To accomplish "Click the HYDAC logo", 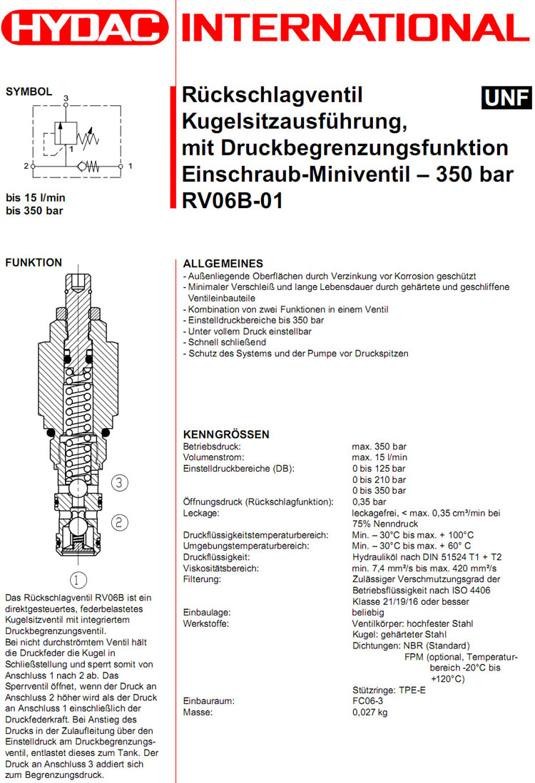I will (x=84, y=28).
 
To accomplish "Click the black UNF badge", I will (x=506, y=98).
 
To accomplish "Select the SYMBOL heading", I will (x=29, y=91).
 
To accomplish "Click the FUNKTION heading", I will (x=34, y=263).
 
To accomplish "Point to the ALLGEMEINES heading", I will (x=223, y=264).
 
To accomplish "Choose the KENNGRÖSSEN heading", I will (x=226, y=434).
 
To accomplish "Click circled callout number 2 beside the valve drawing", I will (x=120, y=522).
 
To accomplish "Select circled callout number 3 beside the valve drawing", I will (x=120, y=482).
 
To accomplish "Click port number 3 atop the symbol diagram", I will (x=66, y=96).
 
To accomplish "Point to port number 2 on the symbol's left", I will (x=25, y=166).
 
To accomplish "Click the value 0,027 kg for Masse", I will (x=370, y=712).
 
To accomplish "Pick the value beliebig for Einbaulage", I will (x=368, y=612).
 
